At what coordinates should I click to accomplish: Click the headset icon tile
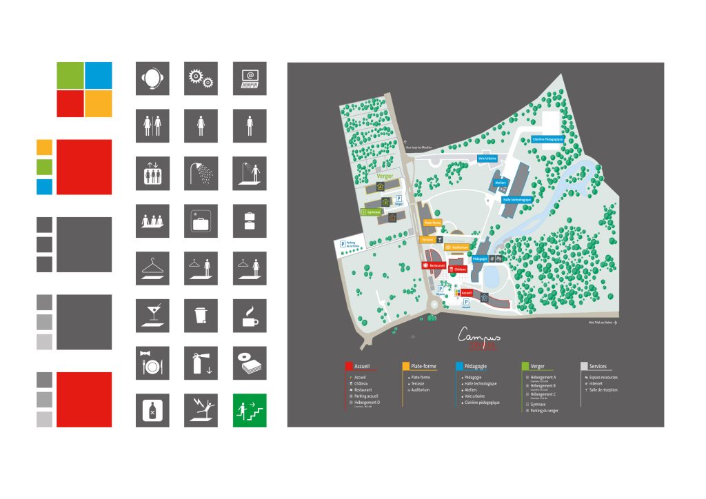(x=152, y=79)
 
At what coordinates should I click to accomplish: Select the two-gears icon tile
(x=201, y=79)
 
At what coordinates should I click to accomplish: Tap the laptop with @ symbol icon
(x=250, y=79)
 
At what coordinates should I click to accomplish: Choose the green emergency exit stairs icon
(x=250, y=410)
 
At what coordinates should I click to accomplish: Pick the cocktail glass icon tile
(x=152, y=315)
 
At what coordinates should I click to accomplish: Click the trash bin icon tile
(x=201, y=315)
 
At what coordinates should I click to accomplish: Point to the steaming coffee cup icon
(x=250, y=315)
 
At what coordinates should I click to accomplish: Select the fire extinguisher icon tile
(x=201, y=363)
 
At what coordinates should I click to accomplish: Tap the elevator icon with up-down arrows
(x=152, y=173)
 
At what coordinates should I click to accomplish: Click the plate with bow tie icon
(x=152, y=363)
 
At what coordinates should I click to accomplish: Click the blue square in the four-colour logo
(x=98, y=75)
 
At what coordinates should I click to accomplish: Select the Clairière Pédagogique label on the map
(x=548, y=139)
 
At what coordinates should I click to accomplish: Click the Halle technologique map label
(x=517, y=199)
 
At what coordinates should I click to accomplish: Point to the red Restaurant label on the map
(x=436, y=265)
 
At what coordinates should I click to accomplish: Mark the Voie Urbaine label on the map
(x=487, y=158)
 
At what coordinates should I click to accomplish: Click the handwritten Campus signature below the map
(x=480, y=334)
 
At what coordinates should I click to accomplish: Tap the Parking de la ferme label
(x=348, y=245)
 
